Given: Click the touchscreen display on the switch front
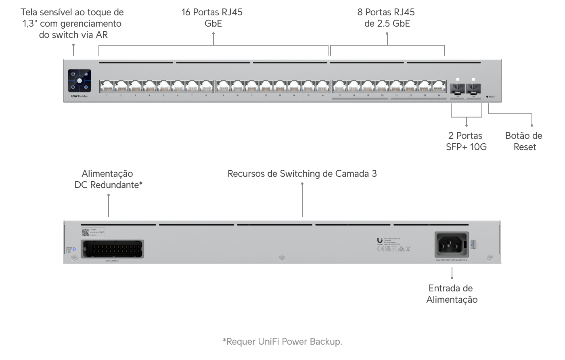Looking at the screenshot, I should click(79, 81).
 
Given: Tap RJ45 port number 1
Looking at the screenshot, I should click(107, 86).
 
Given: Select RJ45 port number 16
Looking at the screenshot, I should click(322, 86).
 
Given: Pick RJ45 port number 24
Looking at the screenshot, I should click(439, 86).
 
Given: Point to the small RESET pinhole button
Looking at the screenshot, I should click(488, 97).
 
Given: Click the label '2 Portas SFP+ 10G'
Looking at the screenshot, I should click(466, 141).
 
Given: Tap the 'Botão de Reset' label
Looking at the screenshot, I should click(524, 141).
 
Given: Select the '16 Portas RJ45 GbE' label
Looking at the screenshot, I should click(212, 18).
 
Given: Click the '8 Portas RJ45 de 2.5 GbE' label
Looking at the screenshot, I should click(387, 18).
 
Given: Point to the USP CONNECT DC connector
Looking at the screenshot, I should click(112, 249).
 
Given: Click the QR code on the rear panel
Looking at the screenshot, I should click(85, 232).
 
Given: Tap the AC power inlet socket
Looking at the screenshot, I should click(451, 244).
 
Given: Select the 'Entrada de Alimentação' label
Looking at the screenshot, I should click(452, 294).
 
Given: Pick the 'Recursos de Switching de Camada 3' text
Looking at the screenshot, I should click(302, 174).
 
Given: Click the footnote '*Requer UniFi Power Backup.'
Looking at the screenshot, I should click(282, 341).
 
